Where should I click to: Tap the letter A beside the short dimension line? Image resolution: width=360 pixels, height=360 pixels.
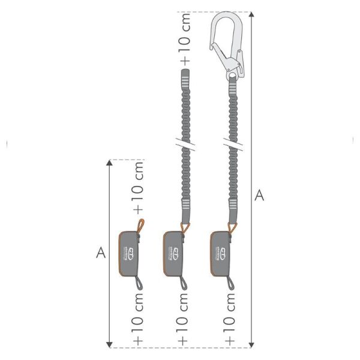pos(101,253)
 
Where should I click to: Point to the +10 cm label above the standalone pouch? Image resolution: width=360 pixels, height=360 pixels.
pos(138,187)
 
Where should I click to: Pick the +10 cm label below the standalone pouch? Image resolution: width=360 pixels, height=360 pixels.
pos(138,321)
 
